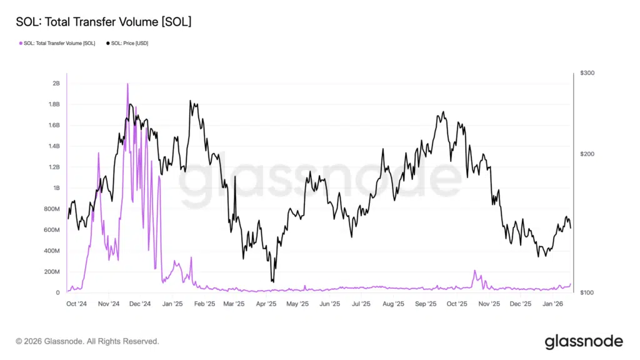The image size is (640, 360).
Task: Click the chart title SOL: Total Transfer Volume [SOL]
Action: (103, 22)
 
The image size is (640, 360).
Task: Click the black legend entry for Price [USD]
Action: (129, 43)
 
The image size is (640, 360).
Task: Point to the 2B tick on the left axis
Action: (56, 83)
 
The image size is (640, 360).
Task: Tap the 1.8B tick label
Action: (54, 104)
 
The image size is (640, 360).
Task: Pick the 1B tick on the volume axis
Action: (56, 188)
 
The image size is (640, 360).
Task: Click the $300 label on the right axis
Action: (587, 73)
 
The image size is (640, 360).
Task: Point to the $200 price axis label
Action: (587, 154)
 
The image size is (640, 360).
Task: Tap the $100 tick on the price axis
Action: (587, 292)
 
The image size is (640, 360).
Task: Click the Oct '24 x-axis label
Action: (76, 304)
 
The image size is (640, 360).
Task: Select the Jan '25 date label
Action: (172, 304)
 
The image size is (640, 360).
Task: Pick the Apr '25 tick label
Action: (266, 304)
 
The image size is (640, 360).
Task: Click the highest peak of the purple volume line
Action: (127, 84)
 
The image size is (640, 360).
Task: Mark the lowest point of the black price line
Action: (272, 282)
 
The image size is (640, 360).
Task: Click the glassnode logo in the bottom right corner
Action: (584, 341)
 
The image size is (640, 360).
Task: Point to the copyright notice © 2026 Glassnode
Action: (87, 341)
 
